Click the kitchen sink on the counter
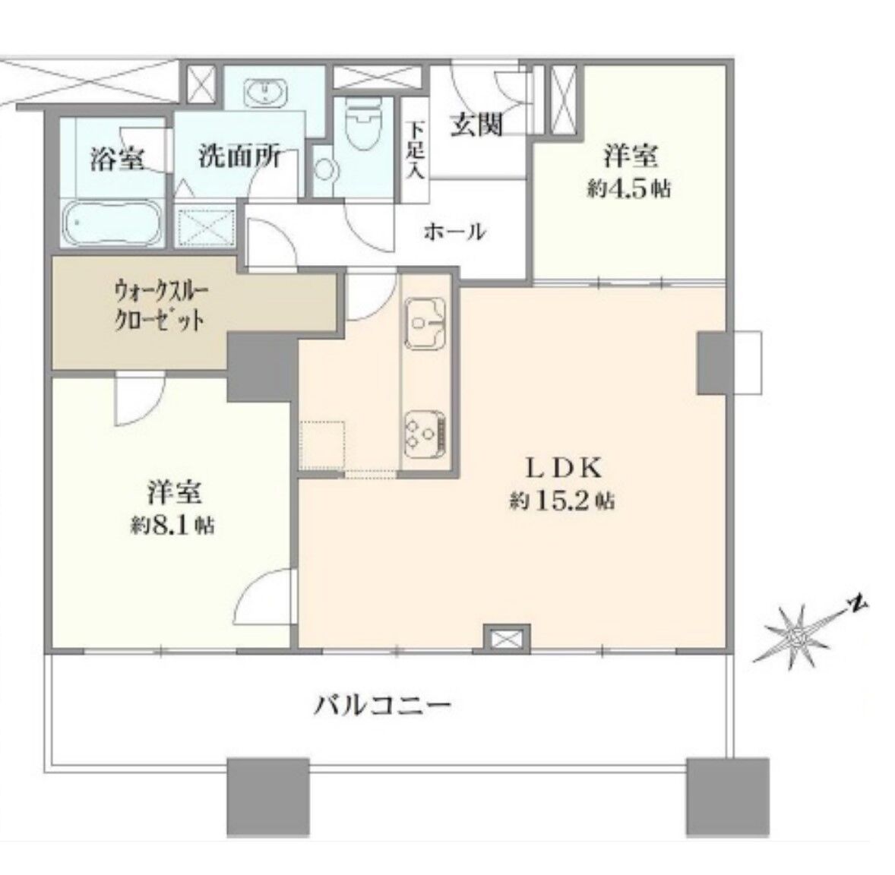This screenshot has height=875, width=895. coord(425,324)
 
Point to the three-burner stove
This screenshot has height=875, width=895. coord(425,434)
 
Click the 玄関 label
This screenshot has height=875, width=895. coord(476,125)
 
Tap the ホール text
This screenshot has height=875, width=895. coord(455,232)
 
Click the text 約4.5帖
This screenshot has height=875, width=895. coord(629,189)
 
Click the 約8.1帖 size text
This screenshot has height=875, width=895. coord(173,525)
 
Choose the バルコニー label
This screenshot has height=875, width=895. coord(383,706)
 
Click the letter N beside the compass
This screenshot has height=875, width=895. coord(856,604)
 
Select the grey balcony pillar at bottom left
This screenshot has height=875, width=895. coord(267,798)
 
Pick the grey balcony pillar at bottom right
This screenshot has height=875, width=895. coord(728,798)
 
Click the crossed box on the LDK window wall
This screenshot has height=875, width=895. coord(507,638)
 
